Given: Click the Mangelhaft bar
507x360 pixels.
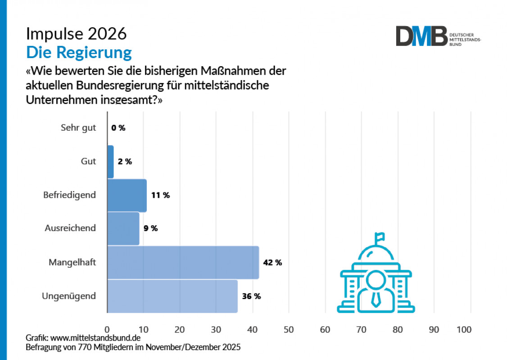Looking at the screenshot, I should [183, 262].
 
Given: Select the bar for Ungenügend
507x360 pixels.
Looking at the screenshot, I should [172, 296].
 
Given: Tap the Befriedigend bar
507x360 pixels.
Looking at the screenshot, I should [127, 196].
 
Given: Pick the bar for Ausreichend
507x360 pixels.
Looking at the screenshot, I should [123, 228].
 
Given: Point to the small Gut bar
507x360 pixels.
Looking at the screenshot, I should [110, 162].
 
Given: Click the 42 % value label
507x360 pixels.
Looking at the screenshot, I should [272, 263].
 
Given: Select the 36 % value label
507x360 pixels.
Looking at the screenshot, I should [251, 296].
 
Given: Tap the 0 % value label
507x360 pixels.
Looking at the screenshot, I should [118, 128].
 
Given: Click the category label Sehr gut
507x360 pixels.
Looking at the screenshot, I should [78, 128].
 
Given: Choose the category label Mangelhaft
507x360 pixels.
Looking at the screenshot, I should [72, 262].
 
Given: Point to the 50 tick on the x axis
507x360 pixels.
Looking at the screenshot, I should [289, 330].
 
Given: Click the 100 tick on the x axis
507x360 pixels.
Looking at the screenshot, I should [464, 330].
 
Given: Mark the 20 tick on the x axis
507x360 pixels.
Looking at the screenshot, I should [180, 330].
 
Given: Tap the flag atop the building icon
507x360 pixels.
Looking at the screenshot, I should [380, 236].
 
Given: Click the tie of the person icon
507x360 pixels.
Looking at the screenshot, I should [376, 298].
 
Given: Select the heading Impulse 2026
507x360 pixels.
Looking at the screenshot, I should [76, 34].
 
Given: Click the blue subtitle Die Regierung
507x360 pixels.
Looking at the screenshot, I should [79, 52].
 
